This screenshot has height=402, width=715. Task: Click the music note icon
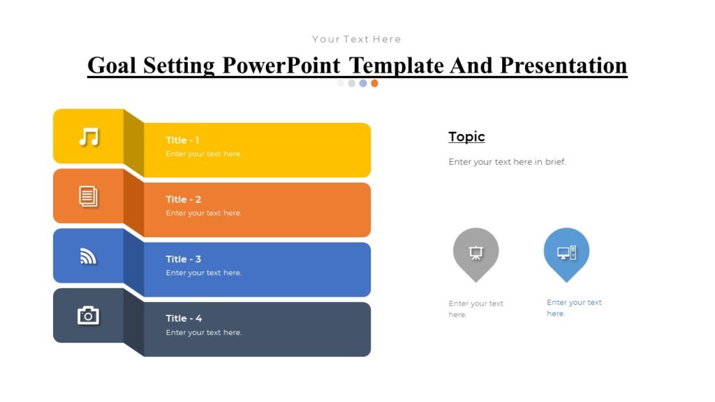coord(89,137)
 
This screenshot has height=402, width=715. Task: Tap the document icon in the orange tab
coord(89,196)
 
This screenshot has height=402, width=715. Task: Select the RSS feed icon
coord(89,256)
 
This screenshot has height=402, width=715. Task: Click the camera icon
coord(89,315)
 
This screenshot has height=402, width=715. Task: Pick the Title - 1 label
coord(182,140)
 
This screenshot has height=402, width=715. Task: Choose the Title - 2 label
coord(183,200)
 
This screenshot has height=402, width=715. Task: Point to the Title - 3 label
coord(183,259)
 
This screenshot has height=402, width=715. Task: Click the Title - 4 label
coord(184,318)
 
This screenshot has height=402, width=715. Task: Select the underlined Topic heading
coord(466,137)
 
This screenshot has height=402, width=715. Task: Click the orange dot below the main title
coord(374,83)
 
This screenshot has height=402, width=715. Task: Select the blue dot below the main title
coord(363,83)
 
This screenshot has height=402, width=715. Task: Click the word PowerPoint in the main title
coord(281,65)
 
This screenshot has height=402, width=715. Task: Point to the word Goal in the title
coord(112,65)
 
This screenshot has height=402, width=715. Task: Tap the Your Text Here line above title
coord(357,39)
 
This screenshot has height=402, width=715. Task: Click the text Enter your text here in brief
coord(507,162)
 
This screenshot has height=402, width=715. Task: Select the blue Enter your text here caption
coord(574,308)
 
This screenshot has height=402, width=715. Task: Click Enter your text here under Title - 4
coord(204,333)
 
